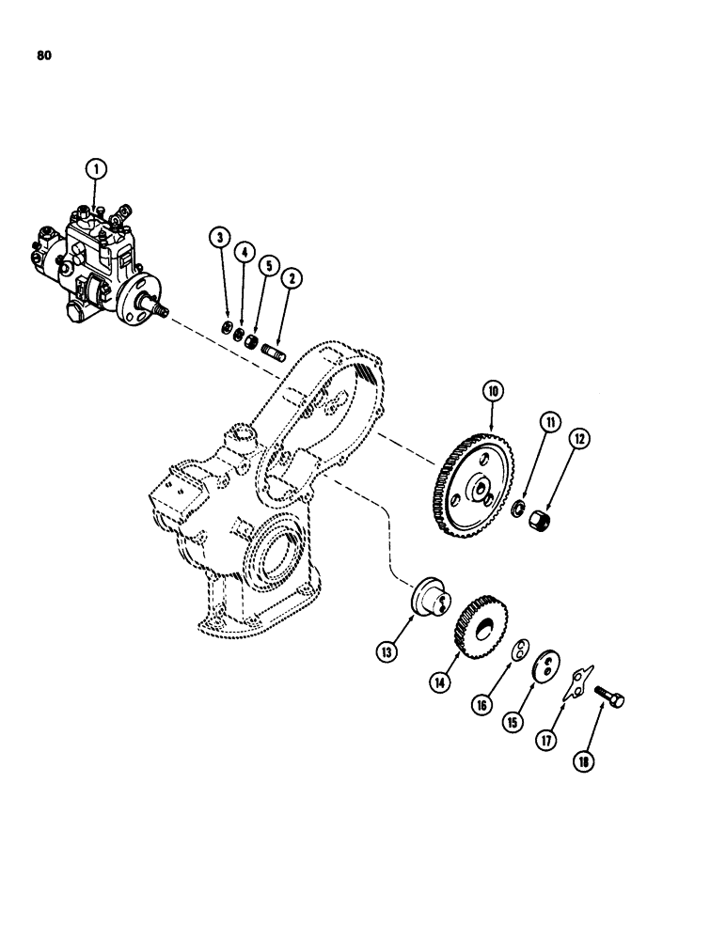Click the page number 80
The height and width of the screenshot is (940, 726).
point(43,55)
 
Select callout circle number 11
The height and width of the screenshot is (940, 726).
point(550,423)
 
